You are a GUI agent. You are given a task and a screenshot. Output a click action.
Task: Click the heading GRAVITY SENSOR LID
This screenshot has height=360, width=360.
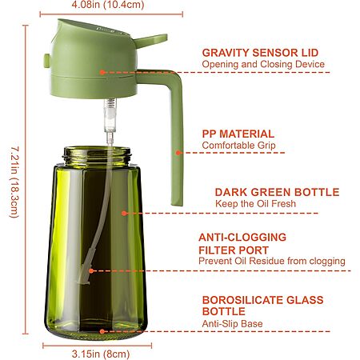(260, 53)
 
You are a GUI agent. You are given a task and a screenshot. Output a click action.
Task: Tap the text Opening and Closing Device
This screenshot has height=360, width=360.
(263, 64)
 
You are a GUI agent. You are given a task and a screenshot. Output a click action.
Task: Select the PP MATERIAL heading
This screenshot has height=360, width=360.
(238, 134)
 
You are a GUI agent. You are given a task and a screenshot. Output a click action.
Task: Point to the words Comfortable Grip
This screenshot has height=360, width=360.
(238, 146)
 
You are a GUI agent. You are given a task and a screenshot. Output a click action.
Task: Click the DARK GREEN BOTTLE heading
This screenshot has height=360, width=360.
(277, 192)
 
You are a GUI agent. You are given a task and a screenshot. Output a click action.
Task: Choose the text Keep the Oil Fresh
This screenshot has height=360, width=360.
(255, 204)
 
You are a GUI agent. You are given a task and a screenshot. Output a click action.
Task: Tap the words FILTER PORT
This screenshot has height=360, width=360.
(234, 250)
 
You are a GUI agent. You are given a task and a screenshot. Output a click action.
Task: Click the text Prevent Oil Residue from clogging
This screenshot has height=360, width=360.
(272, 261)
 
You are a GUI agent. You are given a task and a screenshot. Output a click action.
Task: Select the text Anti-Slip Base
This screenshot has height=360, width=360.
(232, 324)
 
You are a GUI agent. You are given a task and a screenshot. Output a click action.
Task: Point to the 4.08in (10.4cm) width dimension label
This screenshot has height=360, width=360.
(108, 5)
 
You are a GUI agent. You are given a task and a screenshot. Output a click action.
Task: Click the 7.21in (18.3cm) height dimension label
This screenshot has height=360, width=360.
(14, 182)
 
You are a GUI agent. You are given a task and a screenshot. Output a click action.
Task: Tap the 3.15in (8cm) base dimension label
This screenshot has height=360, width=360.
(101, 354)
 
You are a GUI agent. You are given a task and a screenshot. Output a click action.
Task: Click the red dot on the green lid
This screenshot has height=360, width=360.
(102, 72)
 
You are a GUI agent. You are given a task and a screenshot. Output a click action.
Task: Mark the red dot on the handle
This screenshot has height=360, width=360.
(178, 153)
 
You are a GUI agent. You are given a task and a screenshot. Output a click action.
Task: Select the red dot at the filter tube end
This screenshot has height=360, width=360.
(91, 271)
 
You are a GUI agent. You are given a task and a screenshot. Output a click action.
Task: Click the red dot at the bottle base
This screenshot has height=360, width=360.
(102, 331)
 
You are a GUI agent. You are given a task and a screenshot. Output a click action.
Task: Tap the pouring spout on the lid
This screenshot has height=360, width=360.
(150, 41)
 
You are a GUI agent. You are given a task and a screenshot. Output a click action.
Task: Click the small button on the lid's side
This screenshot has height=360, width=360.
(47, 61)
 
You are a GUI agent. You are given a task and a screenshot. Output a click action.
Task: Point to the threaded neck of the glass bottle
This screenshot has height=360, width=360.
(98, 155)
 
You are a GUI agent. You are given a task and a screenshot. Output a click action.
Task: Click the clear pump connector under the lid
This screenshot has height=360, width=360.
(110, 116)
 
